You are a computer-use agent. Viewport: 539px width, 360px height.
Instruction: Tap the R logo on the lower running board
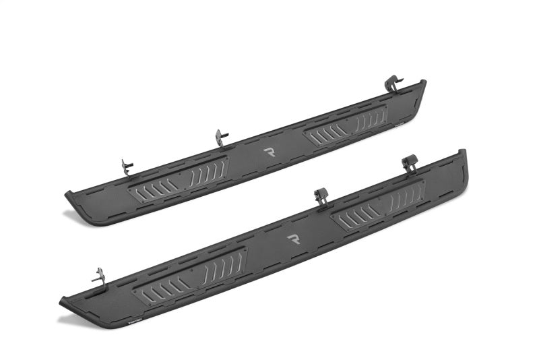(293, 239)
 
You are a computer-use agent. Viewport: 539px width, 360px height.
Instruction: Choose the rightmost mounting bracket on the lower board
(408, 164)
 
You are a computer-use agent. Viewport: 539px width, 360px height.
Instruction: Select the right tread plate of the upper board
(346, 126)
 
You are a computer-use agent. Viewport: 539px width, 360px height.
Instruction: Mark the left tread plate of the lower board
(190, 274)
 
